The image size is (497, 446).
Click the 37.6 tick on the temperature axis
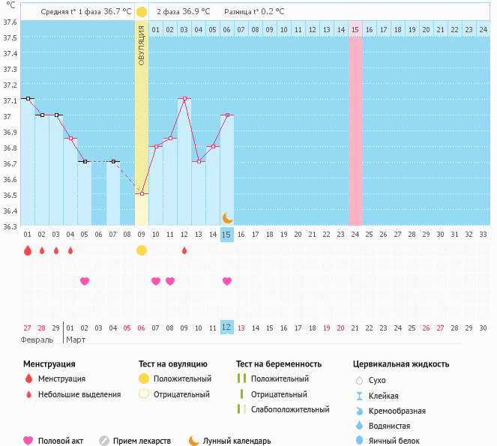10,22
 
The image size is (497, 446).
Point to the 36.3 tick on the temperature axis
10,226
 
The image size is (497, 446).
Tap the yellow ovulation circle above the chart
142,12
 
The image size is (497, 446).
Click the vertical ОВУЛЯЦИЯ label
142,46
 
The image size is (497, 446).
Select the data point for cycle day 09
142,193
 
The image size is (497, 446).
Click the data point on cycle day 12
184,99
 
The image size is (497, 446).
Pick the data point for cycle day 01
28,98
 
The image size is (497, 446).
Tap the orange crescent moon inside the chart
227,217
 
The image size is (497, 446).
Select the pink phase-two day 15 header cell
355,29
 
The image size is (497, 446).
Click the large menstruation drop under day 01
28,250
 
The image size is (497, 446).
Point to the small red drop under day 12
184,250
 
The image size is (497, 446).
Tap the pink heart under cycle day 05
85,281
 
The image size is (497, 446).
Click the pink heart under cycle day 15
227,281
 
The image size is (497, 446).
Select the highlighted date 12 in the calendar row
227,328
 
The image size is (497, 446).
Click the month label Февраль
37,340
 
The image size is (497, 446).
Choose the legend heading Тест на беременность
279,364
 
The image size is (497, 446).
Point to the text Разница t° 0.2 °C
254,12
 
